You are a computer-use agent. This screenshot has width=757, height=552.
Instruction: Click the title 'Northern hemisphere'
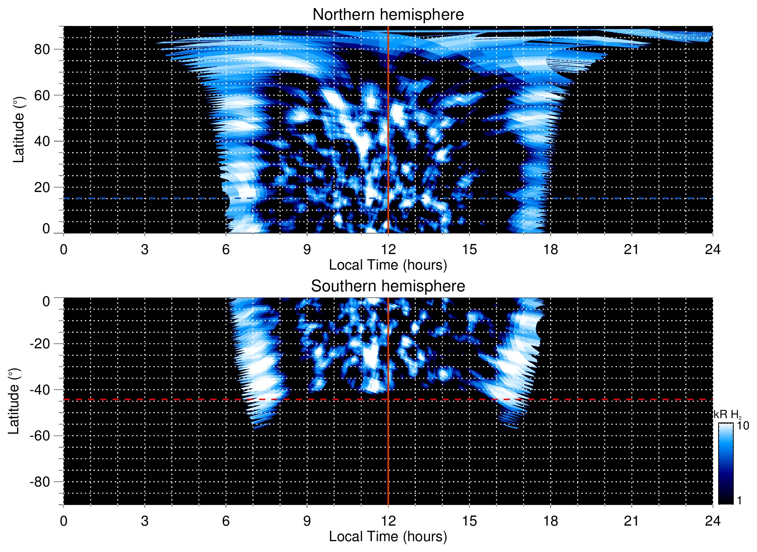click(x=388, y=15)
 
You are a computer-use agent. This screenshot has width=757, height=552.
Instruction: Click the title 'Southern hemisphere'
click(x=388, y=286)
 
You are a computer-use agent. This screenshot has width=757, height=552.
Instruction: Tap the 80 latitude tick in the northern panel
click(x=42, y=49)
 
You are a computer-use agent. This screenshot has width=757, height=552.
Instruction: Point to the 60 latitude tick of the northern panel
click(x=42, y=95)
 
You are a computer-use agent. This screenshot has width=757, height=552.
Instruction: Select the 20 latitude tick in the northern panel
click(x=42, y=187)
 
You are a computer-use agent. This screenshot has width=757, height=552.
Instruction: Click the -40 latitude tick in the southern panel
click(x=40, y=390)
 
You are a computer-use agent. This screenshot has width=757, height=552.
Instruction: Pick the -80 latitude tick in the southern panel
click(x=40, y=482)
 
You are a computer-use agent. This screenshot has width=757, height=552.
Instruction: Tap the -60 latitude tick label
click(x=40, y=436)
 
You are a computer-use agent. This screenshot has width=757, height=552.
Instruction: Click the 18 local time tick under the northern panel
click(x=550, y=249)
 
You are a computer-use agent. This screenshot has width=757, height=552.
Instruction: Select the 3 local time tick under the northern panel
click(x=145, y=249)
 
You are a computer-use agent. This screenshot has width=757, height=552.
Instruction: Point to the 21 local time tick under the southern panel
click(x=632, y=521)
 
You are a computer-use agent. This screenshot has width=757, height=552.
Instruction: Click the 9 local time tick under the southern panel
click(x=307, y=521)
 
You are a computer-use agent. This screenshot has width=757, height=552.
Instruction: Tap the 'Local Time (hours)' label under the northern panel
click(x=388, y=265)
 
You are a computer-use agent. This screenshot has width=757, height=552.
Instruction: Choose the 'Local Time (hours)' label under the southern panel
click(x=388, y=537)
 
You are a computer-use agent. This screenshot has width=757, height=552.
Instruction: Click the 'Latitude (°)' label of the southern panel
click(x=14, y=401)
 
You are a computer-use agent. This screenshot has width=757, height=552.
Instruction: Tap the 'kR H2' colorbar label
click(x=728, y=415)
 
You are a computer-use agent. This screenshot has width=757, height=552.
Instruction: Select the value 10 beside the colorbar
click(x=743, y=426)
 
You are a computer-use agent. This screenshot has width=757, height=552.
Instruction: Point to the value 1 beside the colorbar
click(x=739, y=500)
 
